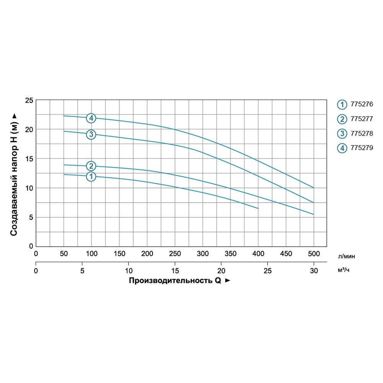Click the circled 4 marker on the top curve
[91, 118]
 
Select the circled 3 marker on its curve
[91, 134]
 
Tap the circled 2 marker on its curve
[91, 166]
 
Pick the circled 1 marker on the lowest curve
[91, 177]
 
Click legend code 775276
[362, 104]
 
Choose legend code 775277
[362, 119]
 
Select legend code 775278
[362, 133]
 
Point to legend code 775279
[362, 147]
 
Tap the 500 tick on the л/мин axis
[314, 254]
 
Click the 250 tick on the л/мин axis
[175, 254]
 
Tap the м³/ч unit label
[344, 271]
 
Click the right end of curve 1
[258, 208]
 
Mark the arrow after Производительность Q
[228, 281]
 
